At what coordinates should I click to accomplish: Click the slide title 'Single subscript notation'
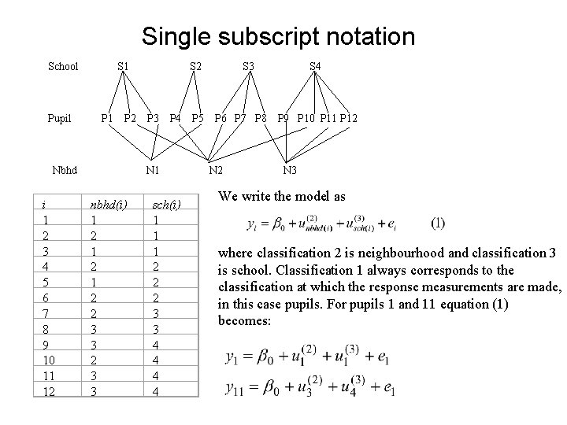[278, 36]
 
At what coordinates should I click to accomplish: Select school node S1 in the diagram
[123, 66]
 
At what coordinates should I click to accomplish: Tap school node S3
[248, 66]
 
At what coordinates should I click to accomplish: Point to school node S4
[314, 66]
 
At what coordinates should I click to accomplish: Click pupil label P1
[108, 119]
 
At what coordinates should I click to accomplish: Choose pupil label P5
[199, 119]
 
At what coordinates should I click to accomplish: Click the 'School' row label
[63, 66]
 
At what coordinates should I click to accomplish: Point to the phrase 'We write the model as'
[281, 196]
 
